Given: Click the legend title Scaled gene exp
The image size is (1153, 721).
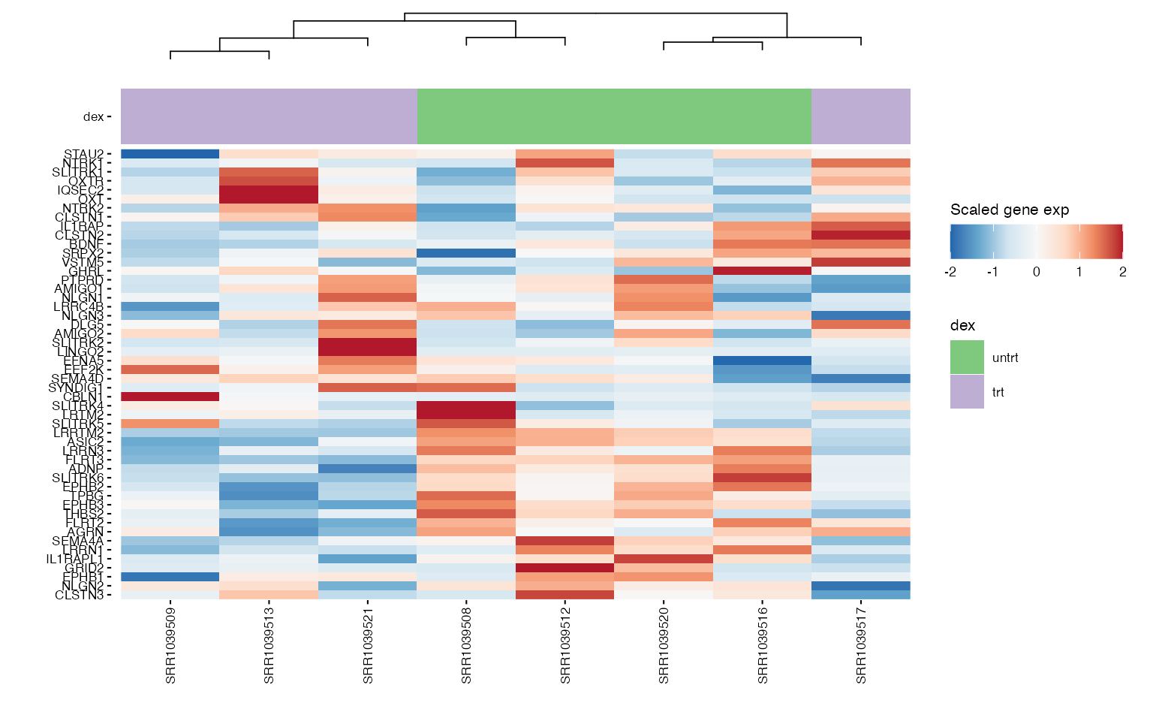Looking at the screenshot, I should (1009, 210).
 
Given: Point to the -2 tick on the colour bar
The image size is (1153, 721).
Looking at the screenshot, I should (950, 272).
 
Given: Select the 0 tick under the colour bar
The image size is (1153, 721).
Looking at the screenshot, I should (1037, 272).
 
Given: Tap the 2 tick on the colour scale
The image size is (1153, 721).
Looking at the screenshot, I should (1122, 272).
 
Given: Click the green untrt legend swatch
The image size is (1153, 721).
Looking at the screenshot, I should (967, 357).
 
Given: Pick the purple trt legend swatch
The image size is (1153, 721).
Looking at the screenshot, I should (967, 392).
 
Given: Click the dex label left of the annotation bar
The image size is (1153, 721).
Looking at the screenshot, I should (94, 116).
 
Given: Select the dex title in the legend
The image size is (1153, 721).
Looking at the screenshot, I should (962, 325).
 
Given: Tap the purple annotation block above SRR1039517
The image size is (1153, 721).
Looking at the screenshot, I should (861, 116).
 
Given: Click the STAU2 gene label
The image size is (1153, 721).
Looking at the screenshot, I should (83, 154).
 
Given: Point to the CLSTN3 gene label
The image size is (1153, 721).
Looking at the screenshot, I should (80, 595).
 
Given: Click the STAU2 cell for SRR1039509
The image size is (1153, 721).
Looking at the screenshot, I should (170, 154).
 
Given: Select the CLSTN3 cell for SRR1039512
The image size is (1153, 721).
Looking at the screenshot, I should (565, 595).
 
